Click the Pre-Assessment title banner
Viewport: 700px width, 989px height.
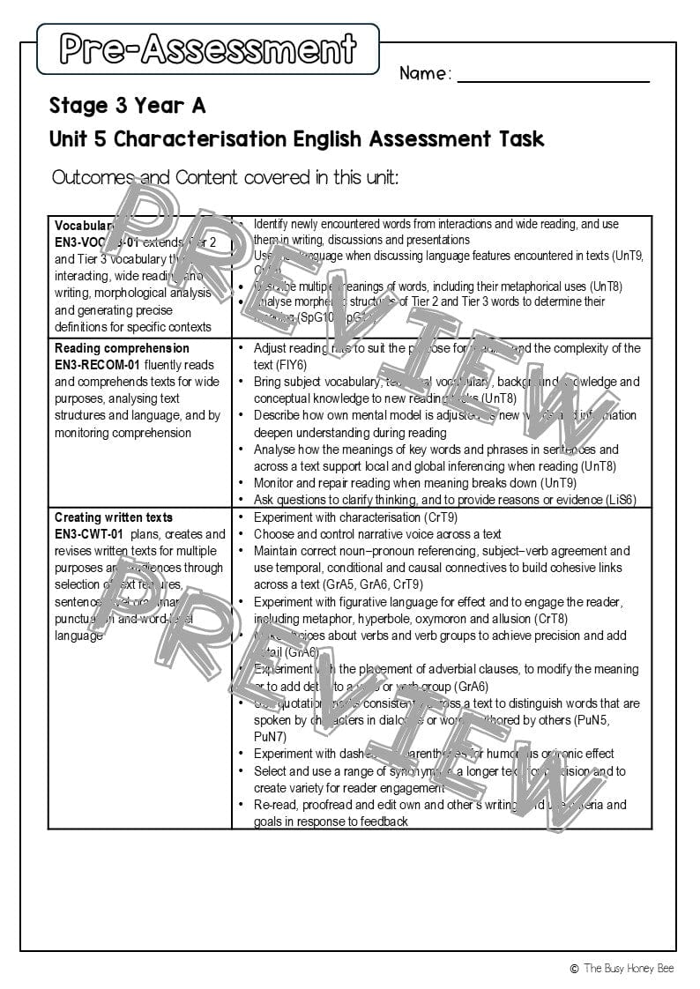[x=208, y=48]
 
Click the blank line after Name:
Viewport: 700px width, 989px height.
[x=553, y=74]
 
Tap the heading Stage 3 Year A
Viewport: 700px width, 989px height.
[x=127, y=106]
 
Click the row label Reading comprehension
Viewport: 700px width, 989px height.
[x=122, y=348]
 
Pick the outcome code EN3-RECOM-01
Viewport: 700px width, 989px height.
[x=98, y=365]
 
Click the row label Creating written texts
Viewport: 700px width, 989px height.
[x=114, y=517]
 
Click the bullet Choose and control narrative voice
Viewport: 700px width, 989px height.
[x=377, y=534]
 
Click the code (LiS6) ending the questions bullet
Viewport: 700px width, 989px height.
[x=617, y=500]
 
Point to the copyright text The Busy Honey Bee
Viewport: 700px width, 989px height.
[x=628, y=969]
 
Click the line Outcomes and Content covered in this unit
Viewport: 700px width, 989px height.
[x=226, y=177]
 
